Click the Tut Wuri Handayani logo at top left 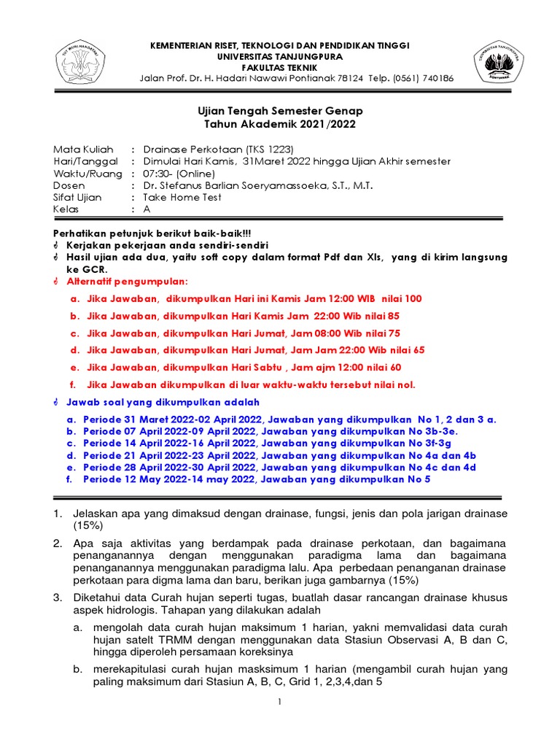79,61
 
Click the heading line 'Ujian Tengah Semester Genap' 280,111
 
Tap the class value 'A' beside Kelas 146,209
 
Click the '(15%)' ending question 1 87,525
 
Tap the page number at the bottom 279,702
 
